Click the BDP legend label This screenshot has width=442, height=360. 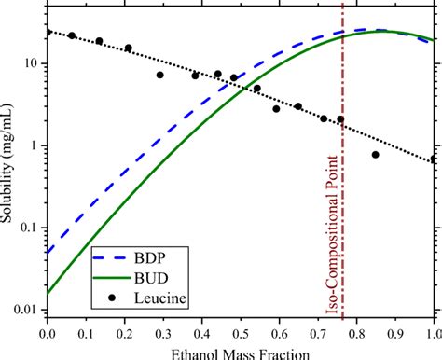coord(152,253)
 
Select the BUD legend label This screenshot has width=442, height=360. coord(153,275)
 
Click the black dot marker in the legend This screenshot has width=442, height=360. coord(110,298)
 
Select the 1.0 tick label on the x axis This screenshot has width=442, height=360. coord(433,332)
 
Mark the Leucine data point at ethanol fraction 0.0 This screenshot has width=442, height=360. coord(47,32)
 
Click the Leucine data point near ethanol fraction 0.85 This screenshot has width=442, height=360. coord(376,155)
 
